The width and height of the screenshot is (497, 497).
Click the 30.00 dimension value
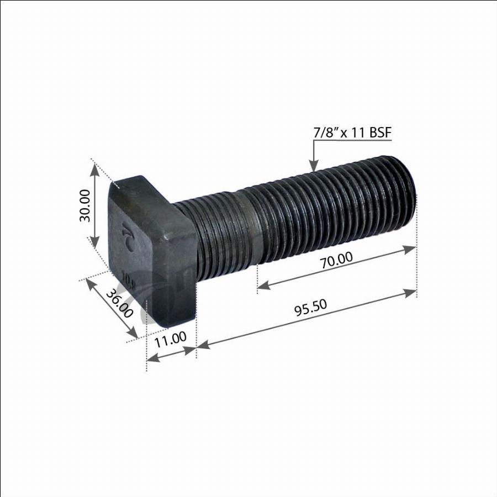coord(85,205)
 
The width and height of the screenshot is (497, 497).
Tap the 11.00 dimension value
coord(171,339)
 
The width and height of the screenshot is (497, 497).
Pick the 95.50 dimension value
coord(310,308)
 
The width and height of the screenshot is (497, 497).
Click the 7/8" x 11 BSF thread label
coord(352,133)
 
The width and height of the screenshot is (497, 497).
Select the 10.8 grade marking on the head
coord(129,279)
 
